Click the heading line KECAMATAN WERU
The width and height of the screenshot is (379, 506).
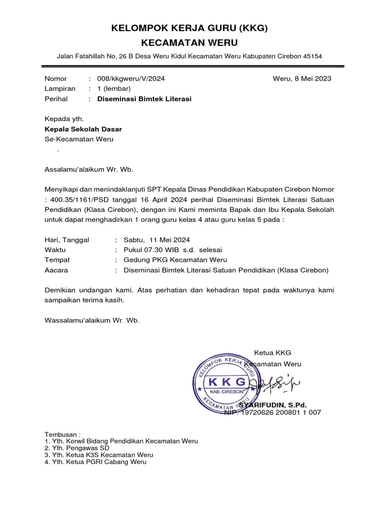pyautogui.click(x=189, y=43)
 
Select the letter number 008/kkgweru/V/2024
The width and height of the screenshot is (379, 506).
pyautogui.click(x=131, y=79)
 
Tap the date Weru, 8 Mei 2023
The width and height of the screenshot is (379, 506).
pyautogui.click(x=302, y=79)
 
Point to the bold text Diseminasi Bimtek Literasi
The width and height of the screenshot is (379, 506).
pyautogui.click(x=144, y=99)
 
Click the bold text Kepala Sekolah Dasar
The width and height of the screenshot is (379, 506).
pyautogui.click(x=83, y=129)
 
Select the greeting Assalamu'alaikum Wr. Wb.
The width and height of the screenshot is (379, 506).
pyautogui.click(x=89, y=169)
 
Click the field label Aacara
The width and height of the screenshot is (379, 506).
pyautogui.click(x=56, y=270)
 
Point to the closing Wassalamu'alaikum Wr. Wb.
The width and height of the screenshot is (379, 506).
pyautogui.click(x=92, y=320)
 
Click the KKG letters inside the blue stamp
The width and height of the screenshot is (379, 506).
pyautogui.click(x=227, y=382)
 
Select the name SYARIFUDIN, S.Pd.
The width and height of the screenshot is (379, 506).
pyautogui.click(x=272, y=405)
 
